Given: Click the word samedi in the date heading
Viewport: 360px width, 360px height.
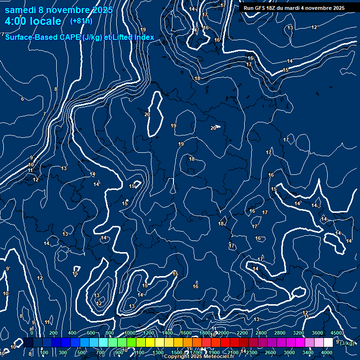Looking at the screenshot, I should [22, 10].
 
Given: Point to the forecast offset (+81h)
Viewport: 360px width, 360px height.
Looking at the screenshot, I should [81, 21].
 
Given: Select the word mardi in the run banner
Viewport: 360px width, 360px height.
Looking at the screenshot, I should [295, 8].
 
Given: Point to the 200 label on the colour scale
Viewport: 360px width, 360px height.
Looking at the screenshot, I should [53, 333].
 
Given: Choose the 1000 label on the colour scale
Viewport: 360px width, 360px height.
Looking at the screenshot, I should [129, 333].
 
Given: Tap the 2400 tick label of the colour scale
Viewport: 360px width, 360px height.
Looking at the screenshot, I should [261, 333].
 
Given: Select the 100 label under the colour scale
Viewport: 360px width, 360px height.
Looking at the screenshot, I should [44, 352].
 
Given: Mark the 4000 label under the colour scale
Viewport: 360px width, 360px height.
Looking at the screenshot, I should [327, 352].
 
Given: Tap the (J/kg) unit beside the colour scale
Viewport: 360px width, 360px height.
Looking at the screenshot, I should [347, 343].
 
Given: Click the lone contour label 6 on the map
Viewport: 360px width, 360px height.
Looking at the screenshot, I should [22, 99].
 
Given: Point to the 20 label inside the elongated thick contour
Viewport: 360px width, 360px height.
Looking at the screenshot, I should [147, 114].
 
